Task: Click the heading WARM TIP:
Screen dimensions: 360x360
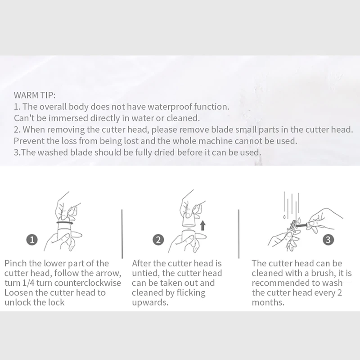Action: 35,95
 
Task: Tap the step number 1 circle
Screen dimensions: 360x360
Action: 32,240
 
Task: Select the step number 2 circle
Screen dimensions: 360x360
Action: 158,240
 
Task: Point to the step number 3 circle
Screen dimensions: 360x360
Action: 328,239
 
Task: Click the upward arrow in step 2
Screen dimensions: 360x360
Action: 202,225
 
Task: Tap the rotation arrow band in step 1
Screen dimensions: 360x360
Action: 65,222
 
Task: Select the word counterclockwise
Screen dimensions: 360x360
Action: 88,283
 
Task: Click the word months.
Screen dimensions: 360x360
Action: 268,302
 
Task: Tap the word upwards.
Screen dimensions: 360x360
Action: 150,303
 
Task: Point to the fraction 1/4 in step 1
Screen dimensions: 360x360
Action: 28,283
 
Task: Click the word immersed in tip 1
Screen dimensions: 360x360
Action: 68,118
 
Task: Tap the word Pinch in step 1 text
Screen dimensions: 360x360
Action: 15,263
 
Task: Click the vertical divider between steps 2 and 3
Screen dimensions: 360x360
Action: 239,234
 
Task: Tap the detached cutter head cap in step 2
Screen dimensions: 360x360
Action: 189,221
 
